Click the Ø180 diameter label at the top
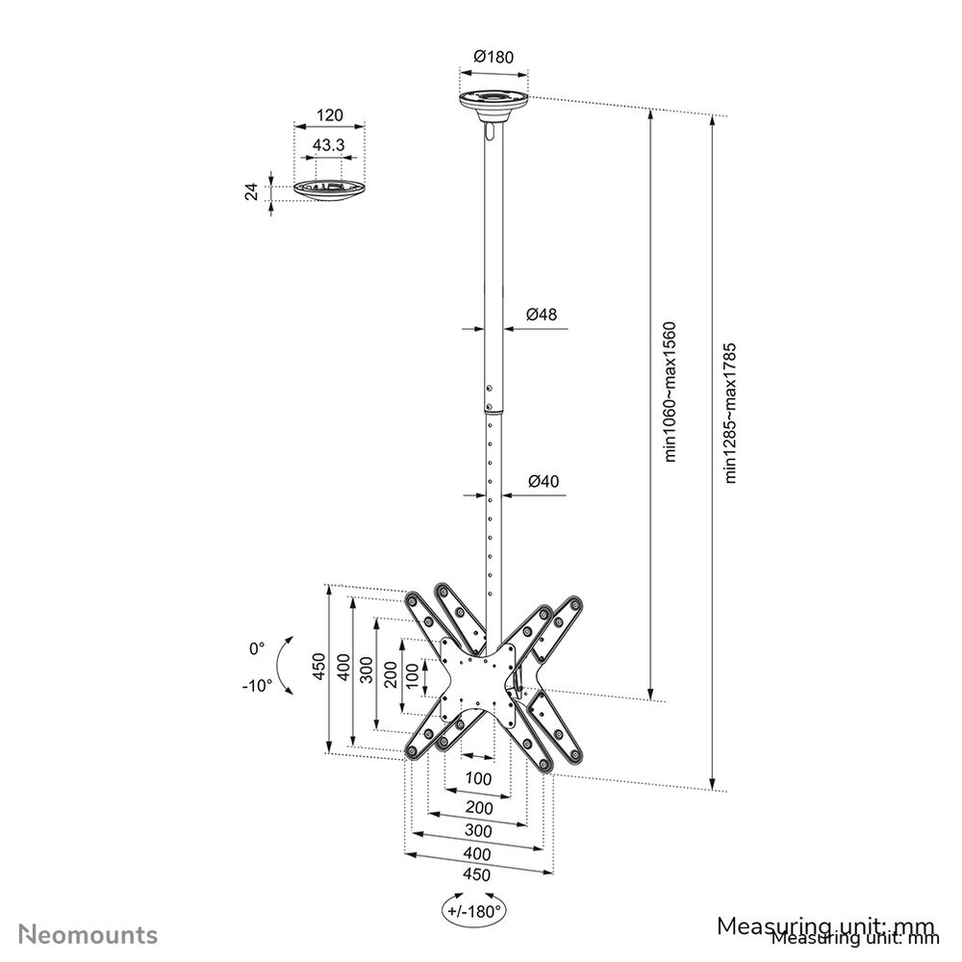click(494, 57)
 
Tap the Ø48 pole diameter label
click(542, 314)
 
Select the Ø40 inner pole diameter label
click(543, 481)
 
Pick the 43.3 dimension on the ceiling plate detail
click(329, 145)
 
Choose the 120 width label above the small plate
click(329, 115)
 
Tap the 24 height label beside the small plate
click(252, 190)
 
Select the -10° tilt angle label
click(257, 686)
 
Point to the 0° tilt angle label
click(256, 649)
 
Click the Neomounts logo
click(89, 934)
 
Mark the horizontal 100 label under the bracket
click(478, 777)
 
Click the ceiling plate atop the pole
click(494, 102)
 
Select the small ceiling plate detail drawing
click(329, 188)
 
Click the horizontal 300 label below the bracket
click(478, 830)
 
